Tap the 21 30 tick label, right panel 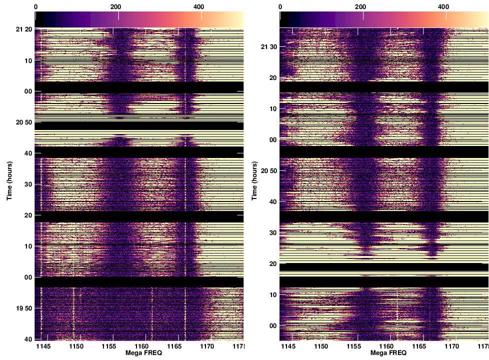click(x=269, y=47)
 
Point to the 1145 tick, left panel click(x=44, y=346)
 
